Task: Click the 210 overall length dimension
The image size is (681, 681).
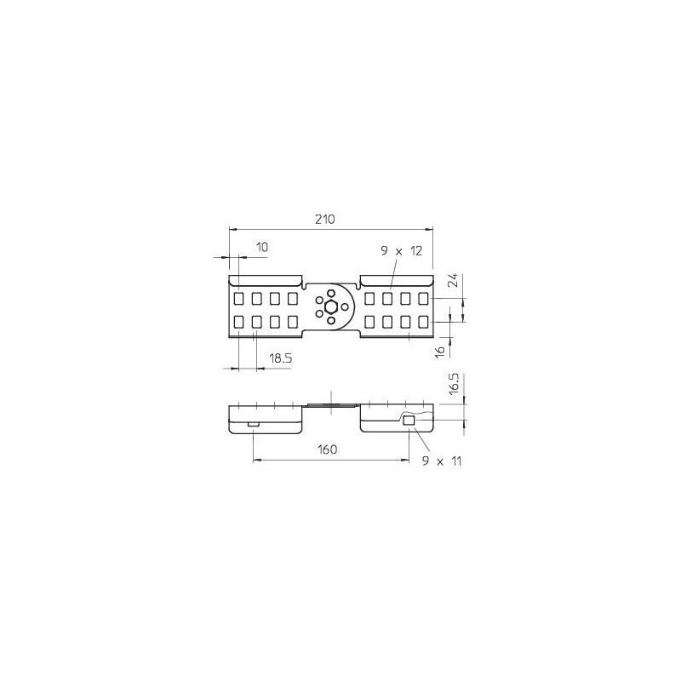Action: click(325, 220)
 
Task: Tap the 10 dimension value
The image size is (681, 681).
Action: click(262, 247)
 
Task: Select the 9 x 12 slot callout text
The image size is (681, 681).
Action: click(401, 251)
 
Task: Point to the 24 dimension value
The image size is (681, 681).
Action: click(453, 281)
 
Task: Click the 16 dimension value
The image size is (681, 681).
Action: click(441, 351)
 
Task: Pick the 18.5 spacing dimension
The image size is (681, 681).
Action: click(281, 358)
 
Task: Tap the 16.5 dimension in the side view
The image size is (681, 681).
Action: click(454, 383)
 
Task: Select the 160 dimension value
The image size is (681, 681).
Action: click(327, 449)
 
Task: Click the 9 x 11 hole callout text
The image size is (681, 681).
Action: click(442, 461)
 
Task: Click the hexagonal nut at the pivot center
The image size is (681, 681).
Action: click(331, 306)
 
